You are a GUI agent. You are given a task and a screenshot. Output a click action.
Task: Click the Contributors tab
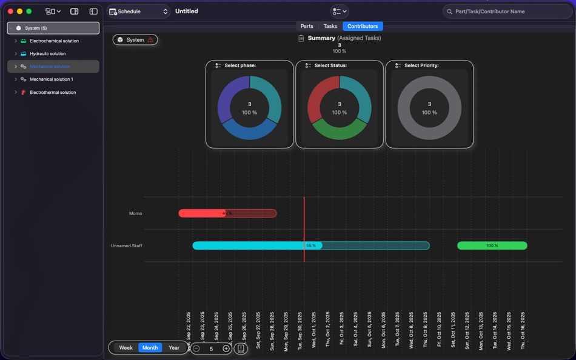point(363,26)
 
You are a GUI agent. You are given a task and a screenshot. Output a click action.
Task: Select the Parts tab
point(307,26)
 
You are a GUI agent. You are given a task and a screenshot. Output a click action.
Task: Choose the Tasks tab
point(330,26)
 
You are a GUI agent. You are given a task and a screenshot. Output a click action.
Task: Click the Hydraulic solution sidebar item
point(47,54)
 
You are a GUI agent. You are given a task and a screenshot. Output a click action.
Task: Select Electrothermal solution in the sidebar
point(53,93)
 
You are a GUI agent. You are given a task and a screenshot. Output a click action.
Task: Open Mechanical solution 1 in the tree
point(51,79)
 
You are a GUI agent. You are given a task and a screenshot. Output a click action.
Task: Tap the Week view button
point(126,348)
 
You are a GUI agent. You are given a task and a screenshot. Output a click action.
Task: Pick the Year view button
point(174,348)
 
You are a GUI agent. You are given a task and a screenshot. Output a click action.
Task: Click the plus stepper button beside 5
point(226,348)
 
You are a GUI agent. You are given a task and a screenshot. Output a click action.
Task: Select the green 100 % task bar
point(492,245)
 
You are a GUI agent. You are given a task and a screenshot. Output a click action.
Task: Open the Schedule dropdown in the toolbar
point(139,12)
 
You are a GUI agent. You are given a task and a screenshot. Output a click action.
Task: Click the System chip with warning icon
point(135,40)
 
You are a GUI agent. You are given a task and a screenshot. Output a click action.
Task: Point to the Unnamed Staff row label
point(126,245)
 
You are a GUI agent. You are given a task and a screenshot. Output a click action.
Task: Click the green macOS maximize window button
point(28,12)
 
